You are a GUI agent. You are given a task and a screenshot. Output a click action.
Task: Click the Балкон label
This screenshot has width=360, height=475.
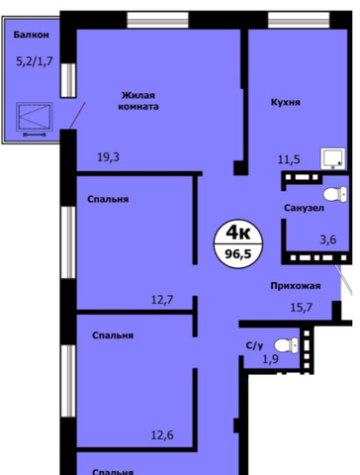pos(31,35)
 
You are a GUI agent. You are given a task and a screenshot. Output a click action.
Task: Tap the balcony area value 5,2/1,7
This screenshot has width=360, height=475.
pos(35,61)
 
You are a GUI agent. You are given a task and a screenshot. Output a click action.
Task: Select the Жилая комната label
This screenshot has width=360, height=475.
pos(138,101)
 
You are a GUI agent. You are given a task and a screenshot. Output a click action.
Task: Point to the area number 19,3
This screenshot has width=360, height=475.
pos(109,157)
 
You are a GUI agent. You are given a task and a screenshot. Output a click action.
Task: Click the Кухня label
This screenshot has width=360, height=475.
pos(286,102)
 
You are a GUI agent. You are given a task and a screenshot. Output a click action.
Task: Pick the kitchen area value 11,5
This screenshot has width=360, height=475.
pos(289,159)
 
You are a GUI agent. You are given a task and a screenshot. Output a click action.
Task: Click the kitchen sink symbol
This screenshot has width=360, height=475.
pos(333,158)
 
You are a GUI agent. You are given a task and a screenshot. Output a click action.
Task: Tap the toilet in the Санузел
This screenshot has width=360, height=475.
pos(335,194)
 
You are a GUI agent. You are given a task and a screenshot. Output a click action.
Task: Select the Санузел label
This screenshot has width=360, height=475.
pos(304,208)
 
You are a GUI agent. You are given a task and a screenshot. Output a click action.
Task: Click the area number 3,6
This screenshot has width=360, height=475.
pos(328,239)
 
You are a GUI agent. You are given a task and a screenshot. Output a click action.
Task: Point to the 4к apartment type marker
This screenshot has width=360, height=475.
pos(238,234)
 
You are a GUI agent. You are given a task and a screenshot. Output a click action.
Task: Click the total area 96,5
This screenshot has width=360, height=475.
pos(238,254)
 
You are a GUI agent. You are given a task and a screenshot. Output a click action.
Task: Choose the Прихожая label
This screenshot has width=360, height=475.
pos(296,286)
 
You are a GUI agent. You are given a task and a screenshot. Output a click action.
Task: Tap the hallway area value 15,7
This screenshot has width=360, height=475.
pos(302,308)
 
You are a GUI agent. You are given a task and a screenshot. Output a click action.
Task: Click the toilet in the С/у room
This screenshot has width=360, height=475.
pos(286,345)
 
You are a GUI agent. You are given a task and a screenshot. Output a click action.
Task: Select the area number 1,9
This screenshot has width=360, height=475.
pos(270,359)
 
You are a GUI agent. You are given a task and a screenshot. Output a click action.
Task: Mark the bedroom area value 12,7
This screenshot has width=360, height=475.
pos(162,300)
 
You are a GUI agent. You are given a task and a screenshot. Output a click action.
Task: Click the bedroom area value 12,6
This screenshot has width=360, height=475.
pos(162,435)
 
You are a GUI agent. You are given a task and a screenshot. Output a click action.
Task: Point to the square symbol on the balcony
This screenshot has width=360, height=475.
pos(35,117)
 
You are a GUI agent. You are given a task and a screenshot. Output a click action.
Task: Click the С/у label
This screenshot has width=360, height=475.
pos(255,345)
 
